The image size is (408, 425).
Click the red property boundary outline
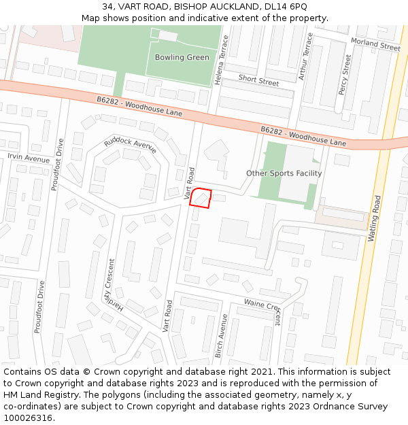point(201,197)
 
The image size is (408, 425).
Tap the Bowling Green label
point(182,57)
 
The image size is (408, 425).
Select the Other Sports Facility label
point(284,173)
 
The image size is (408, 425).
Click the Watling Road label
point(375,218)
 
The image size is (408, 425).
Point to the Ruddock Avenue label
point(131,144)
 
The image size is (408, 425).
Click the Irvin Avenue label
point(29,158)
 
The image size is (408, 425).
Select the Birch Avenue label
point(221,336)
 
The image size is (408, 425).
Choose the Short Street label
point(258,81)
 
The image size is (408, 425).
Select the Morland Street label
point(375,45)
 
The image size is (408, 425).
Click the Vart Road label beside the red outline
point(190,183)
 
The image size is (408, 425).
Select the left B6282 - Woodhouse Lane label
point(139,106)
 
